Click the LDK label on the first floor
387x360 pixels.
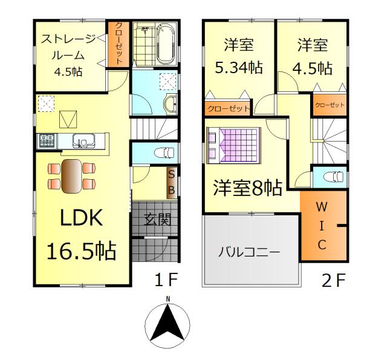click(82, 218)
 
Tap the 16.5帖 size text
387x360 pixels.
click(82, 251)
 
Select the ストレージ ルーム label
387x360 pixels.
click(68, 47)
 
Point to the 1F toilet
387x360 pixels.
click(164, 152)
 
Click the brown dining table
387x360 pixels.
click(71, 176)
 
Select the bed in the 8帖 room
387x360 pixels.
click(233, 145)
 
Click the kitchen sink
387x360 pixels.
click(83, 141)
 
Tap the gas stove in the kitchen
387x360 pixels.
click(47, 141)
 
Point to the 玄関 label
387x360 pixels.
click(157, 219)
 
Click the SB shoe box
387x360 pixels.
click(172, 183)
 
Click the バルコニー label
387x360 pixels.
click(249, 252)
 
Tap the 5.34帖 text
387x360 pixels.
click(239, 67)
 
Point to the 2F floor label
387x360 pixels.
click(333, 280)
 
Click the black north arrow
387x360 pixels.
click(168, 321)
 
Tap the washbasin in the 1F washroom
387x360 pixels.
click(171, 104)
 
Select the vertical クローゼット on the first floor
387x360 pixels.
click(119, 44)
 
